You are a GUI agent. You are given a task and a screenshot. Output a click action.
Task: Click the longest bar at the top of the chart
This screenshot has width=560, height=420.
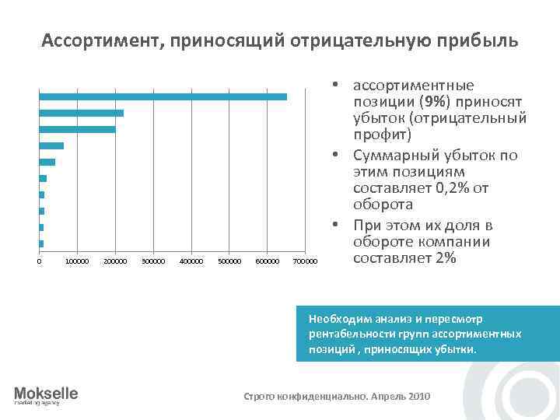[x=163, y=96]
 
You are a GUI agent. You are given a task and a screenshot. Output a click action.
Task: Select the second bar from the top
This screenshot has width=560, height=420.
[x=82, y=113]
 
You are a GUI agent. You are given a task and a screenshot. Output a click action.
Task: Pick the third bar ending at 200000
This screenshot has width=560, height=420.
[x=78, y=129]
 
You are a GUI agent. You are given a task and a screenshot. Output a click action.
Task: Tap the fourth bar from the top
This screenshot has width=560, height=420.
[x=51, y=145]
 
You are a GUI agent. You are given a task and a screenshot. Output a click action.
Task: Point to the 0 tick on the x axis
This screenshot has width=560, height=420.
[x=40, y=260]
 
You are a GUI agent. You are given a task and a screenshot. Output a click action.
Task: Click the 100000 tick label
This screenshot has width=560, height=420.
[x=78, y=260]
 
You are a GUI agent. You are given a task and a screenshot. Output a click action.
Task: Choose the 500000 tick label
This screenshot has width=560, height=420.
[x=229, y=260]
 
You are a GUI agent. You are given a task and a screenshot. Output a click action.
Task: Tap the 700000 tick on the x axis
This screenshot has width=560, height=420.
[x=305, y=260]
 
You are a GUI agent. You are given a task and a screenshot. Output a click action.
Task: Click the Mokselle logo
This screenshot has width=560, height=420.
[x=46, y=395]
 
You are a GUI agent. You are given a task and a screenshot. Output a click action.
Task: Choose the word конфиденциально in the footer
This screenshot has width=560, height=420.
[x=317, y=396]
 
